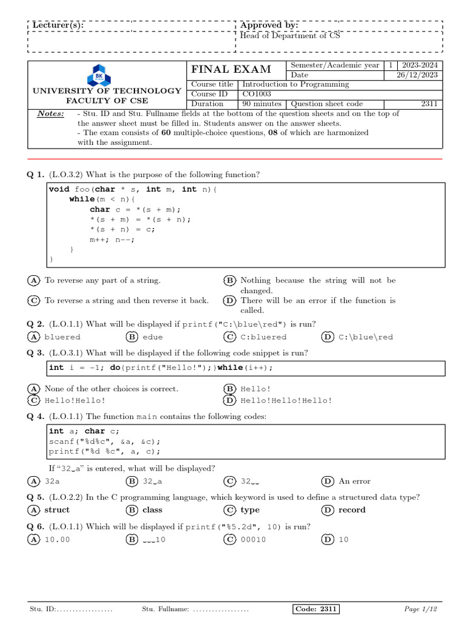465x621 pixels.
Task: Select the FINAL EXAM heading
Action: pos(231,69)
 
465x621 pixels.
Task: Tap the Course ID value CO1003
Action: pos(257,94)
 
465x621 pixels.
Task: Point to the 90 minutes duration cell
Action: pos(262,104)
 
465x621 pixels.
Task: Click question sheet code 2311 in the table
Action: pos(429,104)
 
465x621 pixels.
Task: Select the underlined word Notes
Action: pos(50,114)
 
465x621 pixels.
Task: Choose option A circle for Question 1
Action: pos(34,280)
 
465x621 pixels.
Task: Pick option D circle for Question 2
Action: pos(328,337)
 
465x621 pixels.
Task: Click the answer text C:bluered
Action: pos(263,337)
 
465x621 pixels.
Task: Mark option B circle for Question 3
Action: pos(229,389)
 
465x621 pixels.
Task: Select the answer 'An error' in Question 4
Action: pos(354,481)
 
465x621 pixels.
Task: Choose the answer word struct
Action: pos(57,510)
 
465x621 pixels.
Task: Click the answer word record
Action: pos(352,510)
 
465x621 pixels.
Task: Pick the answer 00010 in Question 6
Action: pos(253,540)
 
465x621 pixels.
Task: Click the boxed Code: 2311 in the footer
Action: pos(315,609)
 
